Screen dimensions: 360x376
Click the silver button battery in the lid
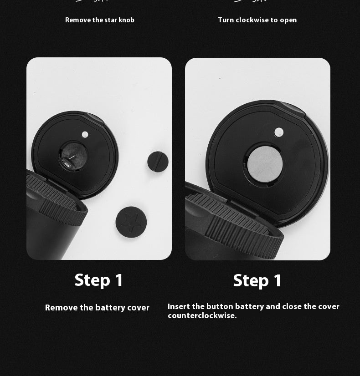265,164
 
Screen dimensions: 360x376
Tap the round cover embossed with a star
131,222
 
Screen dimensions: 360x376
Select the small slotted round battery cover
158,162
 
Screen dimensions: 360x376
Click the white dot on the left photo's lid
85,135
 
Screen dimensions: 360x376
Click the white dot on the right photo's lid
279,132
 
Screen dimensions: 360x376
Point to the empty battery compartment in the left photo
73,156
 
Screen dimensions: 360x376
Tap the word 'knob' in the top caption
127,20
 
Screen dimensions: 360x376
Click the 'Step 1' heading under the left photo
98,280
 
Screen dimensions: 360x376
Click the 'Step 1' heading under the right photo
257,280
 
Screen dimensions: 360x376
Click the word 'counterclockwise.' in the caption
202,315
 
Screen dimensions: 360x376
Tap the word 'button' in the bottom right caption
220,306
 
